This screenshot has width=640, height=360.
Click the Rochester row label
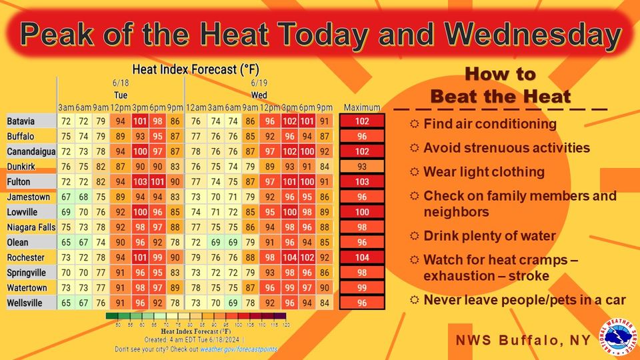click(x=26, y=257)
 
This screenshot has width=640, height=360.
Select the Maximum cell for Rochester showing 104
click(x=362, y=257)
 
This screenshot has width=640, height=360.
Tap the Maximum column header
click(x=362, y=108)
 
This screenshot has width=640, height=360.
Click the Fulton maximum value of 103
click(x=362, y=181)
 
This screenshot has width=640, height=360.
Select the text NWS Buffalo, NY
click(x=523, y=340)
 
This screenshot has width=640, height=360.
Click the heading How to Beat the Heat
click(x=500, y=85)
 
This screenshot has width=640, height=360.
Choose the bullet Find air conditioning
click(x=490, y=124)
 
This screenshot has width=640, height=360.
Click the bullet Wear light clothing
click(x=484, y=172)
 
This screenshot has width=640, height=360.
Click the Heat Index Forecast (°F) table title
click(x=195, y=69)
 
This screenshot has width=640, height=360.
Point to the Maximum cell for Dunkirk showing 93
click(x=362, y=167)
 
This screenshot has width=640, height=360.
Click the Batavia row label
click(x=22, y=121)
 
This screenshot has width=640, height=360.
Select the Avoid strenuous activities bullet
click(x=507, y=147)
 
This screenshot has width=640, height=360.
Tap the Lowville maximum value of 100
click(x=362, y=212)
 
